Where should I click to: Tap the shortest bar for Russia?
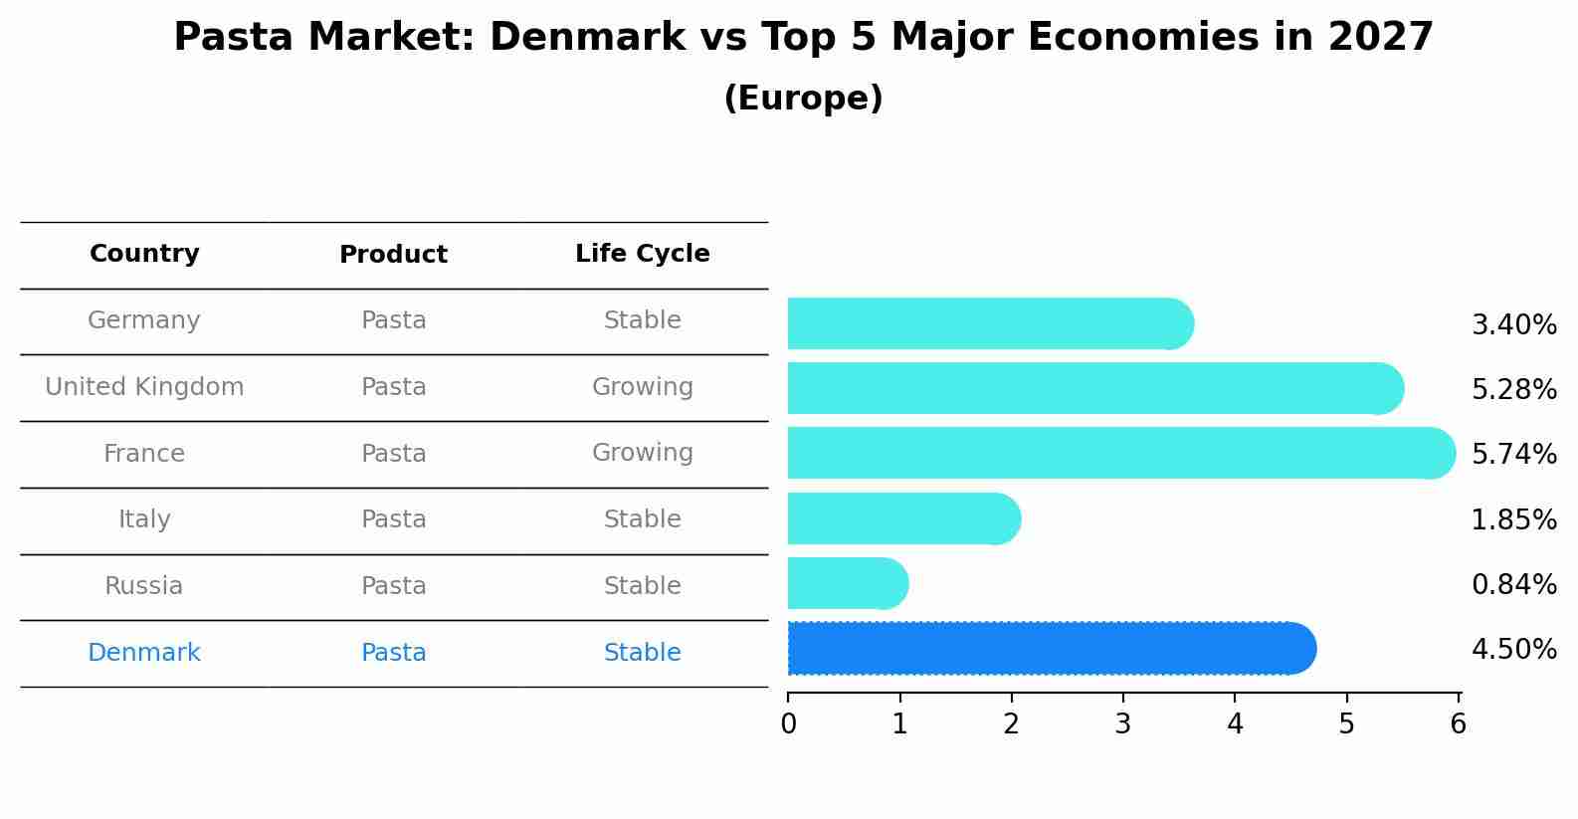point(846,583)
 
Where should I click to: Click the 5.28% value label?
point(1513,389)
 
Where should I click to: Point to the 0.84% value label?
point(1513,584)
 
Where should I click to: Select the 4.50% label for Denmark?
point(1513,650)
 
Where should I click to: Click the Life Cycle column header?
point(642,254)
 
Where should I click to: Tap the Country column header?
point(144,254)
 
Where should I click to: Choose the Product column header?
point(393,255)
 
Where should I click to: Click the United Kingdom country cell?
point(144,387)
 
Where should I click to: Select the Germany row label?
point(144,320)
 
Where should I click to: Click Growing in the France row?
point(642,453)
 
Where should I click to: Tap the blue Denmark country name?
point(144,653)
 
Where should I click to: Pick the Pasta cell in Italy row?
point(393,519)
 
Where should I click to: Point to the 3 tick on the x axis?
point(1123,723)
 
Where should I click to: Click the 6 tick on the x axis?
point(1458,723)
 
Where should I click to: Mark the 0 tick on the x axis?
point(788,723)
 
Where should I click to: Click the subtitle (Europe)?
point(803,99)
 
